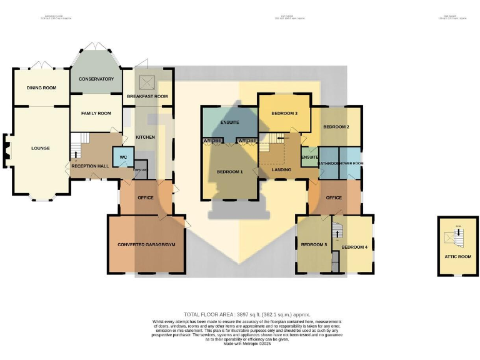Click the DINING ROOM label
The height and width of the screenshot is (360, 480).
pyautogui.click(x=42, y=88)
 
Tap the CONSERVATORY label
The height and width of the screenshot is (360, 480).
pyautogui.click(x=96, y=79)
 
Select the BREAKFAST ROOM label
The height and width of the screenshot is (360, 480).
pyautogui.click(x=147, y=96)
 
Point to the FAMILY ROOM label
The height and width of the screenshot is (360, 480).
pyautogui.click(x=96, y=113)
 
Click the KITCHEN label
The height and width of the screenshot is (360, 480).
pyautogui.click(x=145, y=137)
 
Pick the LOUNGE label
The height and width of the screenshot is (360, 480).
pyautogui.click(x=41, y=148)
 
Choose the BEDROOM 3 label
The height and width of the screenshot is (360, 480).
pyautogui.click(x=284, y=113)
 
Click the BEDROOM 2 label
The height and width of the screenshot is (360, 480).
pyautogui.click(x=336, y=127)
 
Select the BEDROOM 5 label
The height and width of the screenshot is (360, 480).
pyautogui.click(x=314, y=244)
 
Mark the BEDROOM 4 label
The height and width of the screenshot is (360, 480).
pyautogui.click(x=354, y=247)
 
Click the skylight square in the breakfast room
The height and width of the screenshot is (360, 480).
pyautogui.click(x=147, y=82)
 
